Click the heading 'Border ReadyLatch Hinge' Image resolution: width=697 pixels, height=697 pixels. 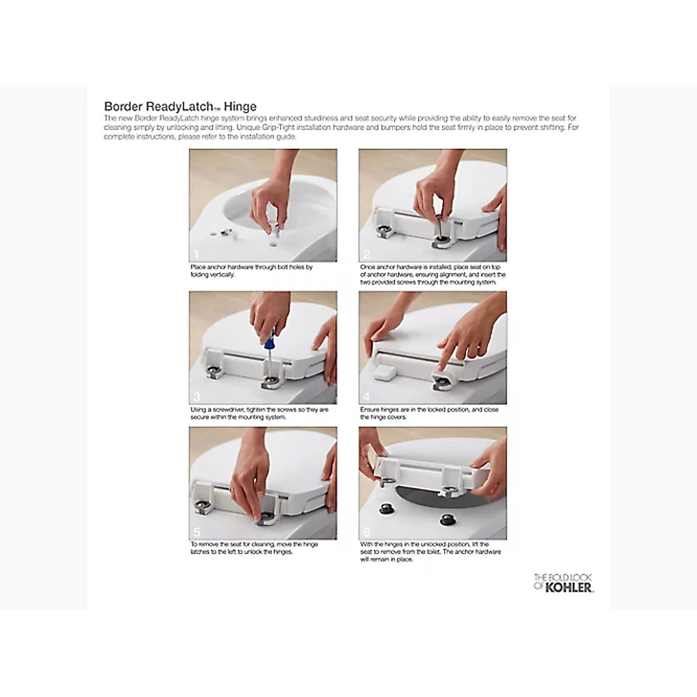[x=180, y=106]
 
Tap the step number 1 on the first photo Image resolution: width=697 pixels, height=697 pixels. [x=196, y=254]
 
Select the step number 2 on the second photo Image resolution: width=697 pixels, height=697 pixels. [x=366, y=254]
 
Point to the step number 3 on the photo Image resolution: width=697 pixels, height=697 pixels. [x=196, y=397]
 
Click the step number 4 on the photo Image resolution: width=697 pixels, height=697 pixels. [x=366, y=397]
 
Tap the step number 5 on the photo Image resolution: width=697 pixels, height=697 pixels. [x=196, y=532]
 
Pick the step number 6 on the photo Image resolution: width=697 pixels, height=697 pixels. [x=366, y=532]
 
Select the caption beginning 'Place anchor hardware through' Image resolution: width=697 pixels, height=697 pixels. [x=251, y=271]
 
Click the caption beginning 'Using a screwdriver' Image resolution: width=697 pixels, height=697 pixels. [x=259, y=413]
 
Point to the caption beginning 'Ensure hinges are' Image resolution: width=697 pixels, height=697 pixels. [x=429, y=413]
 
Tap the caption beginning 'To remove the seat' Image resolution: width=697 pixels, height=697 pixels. [x=254, y=548]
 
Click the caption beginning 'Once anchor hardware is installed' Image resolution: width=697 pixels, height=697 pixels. [x=433, y=274]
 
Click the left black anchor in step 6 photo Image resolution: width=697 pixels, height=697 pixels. [x=384, y=508]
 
